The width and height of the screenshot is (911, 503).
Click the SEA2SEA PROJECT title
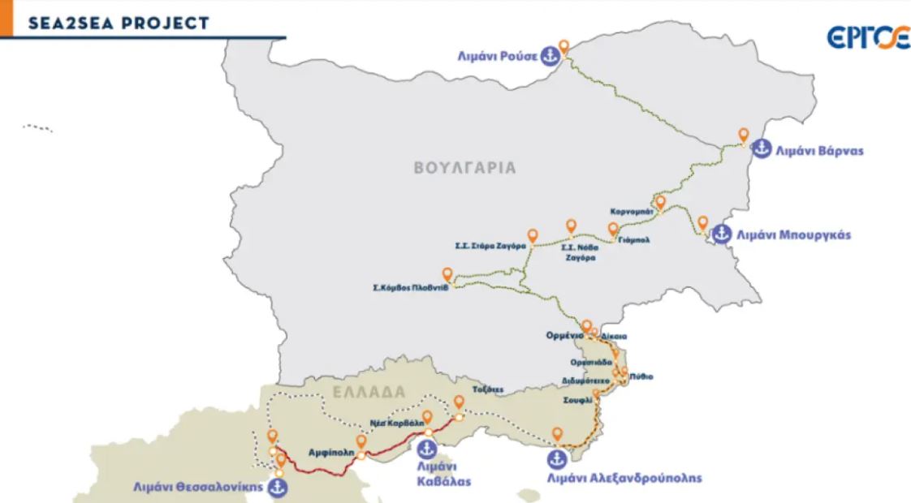[119, 23]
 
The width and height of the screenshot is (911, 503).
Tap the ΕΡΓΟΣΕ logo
[868, 37]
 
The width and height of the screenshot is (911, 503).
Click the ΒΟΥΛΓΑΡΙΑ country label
[464, 169]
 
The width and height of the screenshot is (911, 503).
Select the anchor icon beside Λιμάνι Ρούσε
[550, 56]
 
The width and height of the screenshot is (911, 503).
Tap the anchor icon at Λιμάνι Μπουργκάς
[721, 234]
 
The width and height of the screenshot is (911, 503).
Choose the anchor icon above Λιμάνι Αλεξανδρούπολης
[556, 459]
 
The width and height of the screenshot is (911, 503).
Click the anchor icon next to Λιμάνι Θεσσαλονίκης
[278, 487]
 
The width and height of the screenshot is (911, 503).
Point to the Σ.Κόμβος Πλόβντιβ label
[405, 287]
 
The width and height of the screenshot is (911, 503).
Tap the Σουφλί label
[576, 401]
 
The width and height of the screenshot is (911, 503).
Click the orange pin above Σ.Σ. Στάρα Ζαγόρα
[533, 234]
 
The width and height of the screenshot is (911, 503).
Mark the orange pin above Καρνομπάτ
[660, 201]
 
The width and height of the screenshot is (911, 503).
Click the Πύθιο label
[641, 376]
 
